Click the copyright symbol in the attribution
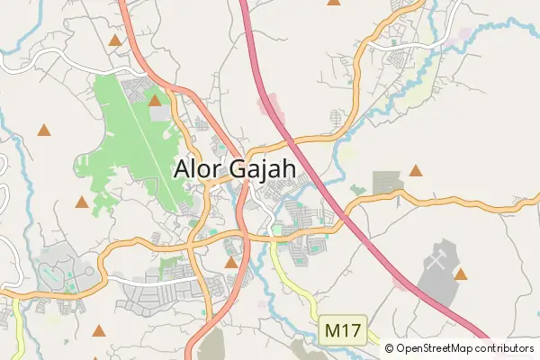point(390,348)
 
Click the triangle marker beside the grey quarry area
point(461,274)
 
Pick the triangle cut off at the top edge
point(334,2)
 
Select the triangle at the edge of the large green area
point(155,101)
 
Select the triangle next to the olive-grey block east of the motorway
point(416,170)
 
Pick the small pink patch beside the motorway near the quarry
point(399,283)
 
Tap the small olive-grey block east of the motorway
point(389,182)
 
